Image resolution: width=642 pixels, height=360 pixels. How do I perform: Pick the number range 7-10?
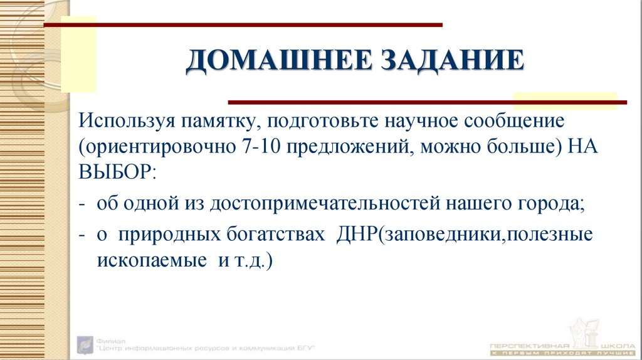coord(258,147)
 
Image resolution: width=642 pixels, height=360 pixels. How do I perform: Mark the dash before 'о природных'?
coord(82,235)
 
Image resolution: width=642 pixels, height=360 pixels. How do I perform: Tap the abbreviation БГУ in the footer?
coord(303,347)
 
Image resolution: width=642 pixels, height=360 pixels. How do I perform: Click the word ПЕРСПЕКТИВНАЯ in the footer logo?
coord(530,347)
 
